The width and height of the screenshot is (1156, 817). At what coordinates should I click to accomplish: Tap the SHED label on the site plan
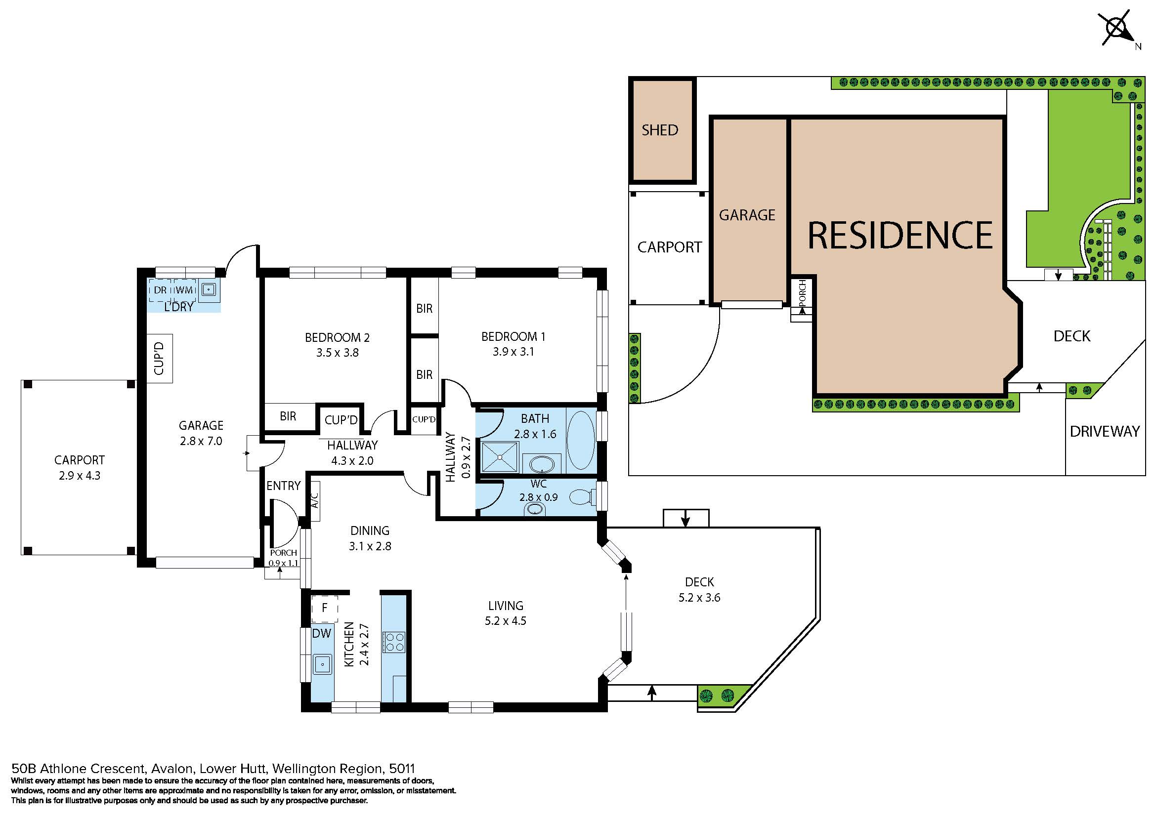pyautogui.click(x=660, y=130)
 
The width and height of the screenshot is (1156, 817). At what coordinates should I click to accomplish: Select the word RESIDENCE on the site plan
pyautogui.click(x=899, y=235)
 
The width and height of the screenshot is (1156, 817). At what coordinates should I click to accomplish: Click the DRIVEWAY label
pyautogui.click(x=1105, y=431)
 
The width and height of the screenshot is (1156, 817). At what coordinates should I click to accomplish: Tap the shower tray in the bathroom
pyautogui.click(x=500, y=457)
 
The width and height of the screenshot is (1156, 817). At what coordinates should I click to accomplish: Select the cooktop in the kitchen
pyautogui.click(x=394, y=642)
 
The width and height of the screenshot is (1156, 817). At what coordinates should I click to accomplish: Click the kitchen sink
pyautogui.click(x=322, y=664)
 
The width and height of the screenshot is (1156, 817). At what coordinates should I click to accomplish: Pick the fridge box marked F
pyautogui.click(x=324, y=608)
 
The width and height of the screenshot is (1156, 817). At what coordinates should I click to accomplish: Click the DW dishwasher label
pyautogui.click(x=321, y=633)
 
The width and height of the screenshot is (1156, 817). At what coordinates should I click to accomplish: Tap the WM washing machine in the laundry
pyautogui.click(x=184, y=290)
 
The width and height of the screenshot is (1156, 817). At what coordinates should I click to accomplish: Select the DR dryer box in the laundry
pyautogui.click(x=160, y=290)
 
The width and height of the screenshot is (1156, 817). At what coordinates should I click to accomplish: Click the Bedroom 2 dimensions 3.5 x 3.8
pyautogui.click(x=338, y=353)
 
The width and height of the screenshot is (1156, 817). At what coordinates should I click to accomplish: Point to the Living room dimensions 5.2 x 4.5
pyautogui.click(x=506, y=621)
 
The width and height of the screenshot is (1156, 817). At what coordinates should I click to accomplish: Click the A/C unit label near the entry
pyautogui.click(x=315, y=495)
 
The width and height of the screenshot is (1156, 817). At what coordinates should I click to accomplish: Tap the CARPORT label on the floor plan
pyautogui.click(x=80, y=460)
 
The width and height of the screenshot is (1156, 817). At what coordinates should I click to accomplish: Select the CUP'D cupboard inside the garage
pyautogui.click(x=159, y=358)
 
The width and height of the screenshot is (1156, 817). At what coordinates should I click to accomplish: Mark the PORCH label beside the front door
pyautogui.click(x=284, y=553)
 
